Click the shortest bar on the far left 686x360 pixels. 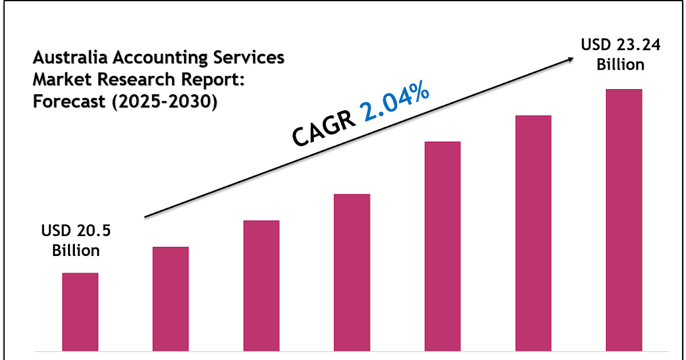tap(80, 311)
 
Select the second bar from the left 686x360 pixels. tap(170, 298)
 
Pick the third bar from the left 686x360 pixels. tap(261, 285)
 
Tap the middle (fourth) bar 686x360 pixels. tap(352, 272)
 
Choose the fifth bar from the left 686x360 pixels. tap(442, 246)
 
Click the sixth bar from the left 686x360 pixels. tap(533, 233)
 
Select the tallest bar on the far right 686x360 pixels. tap(624, 219)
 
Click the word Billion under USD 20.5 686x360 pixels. tap(76, 250)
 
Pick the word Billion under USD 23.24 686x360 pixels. tap(621, 65)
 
